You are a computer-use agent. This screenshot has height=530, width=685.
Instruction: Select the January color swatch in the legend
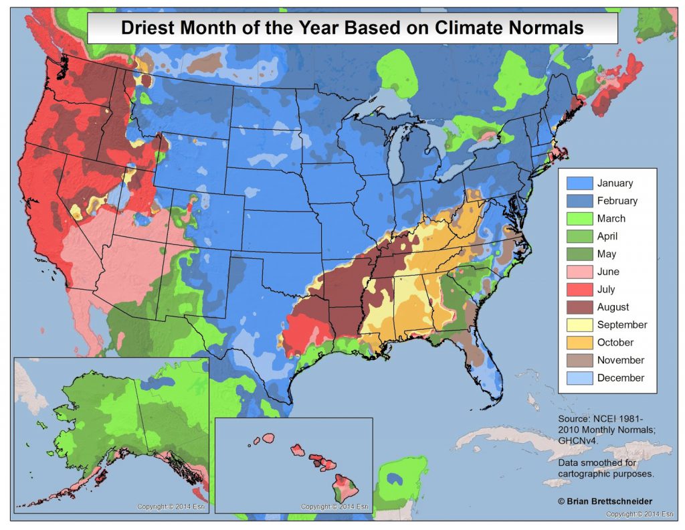579,183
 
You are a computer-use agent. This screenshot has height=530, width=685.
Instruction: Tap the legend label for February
617,201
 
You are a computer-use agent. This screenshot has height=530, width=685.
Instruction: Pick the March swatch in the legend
579,218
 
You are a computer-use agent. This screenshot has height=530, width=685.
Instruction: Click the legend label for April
607,236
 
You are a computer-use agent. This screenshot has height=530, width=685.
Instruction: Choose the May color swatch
579,254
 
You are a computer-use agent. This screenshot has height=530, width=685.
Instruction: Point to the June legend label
608,272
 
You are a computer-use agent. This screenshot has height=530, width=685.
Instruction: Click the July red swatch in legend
579,289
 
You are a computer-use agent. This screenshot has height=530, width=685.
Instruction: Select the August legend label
613,307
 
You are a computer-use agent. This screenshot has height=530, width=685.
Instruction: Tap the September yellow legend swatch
579,325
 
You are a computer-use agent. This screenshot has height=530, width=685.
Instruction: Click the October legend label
615,343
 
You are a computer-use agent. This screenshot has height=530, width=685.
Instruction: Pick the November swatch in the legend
579,360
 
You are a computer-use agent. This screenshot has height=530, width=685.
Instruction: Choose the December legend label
620,378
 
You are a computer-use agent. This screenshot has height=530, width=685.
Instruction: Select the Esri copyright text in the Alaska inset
173,507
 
